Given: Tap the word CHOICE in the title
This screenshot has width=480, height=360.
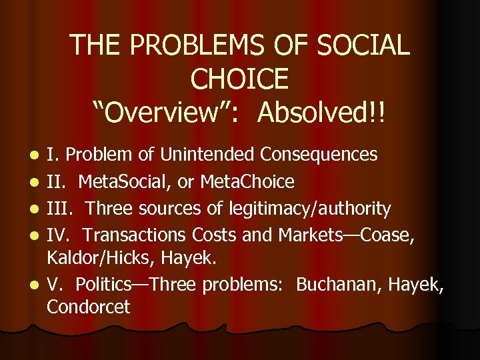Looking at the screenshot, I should pos(239,79).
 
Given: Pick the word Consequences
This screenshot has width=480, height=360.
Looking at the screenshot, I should pos(319,155).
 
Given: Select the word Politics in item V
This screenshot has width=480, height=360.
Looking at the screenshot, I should pos(105,285).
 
